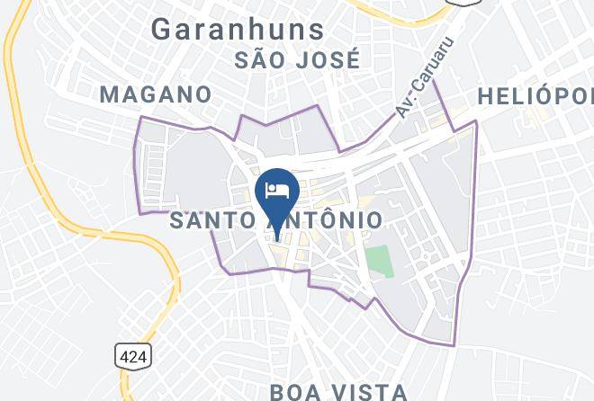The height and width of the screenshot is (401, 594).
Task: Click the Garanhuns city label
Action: [x=238, y=29]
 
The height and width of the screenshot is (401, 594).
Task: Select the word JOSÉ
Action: [x=329, y=60]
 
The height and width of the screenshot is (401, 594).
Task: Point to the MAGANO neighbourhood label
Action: [x=156, y=94]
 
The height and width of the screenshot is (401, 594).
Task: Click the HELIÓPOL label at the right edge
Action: [x=535, y=96]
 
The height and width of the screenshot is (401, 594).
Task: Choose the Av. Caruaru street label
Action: [x=422, y=76]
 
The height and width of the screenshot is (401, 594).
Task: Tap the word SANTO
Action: [x=212, y=219]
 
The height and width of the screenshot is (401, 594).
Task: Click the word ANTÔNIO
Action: [x=322, y=219]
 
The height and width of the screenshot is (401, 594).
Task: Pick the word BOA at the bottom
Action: [x=298, y=391]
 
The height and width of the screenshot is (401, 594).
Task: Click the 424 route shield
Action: [x=132, y=356]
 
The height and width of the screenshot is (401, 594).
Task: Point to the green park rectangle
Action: [x=379, y=261]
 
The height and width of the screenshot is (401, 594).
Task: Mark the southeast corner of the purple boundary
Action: [x=454, y=345]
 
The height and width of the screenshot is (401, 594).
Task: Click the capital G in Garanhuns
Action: [x=163, y=29]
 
